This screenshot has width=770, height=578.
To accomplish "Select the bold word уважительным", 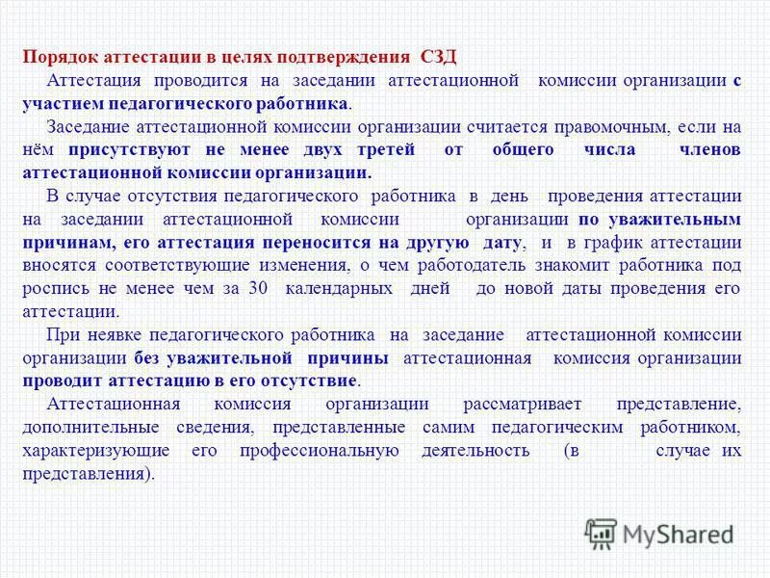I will coord(685,219).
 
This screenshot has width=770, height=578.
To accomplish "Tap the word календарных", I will coord(334,288).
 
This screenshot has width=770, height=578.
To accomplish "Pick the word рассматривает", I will coord(509,404).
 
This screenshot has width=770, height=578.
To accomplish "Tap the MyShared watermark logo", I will coord(660,531).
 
